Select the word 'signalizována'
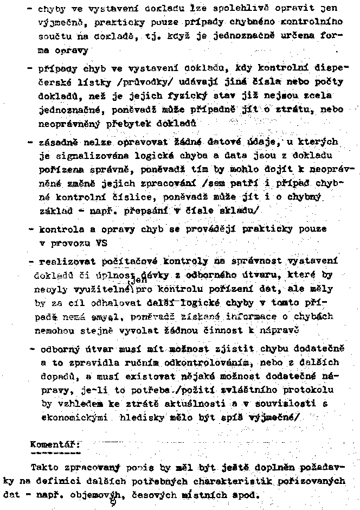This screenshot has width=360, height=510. (x=80, y=157)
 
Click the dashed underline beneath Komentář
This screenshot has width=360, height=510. (x=48, y=451)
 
